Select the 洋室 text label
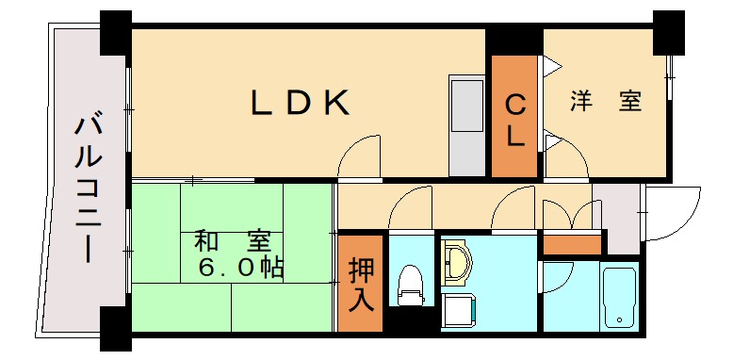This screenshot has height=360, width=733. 606,102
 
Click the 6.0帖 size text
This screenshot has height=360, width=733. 240,268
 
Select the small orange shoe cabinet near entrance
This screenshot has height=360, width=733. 572,244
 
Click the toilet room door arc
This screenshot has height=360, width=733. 411,208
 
